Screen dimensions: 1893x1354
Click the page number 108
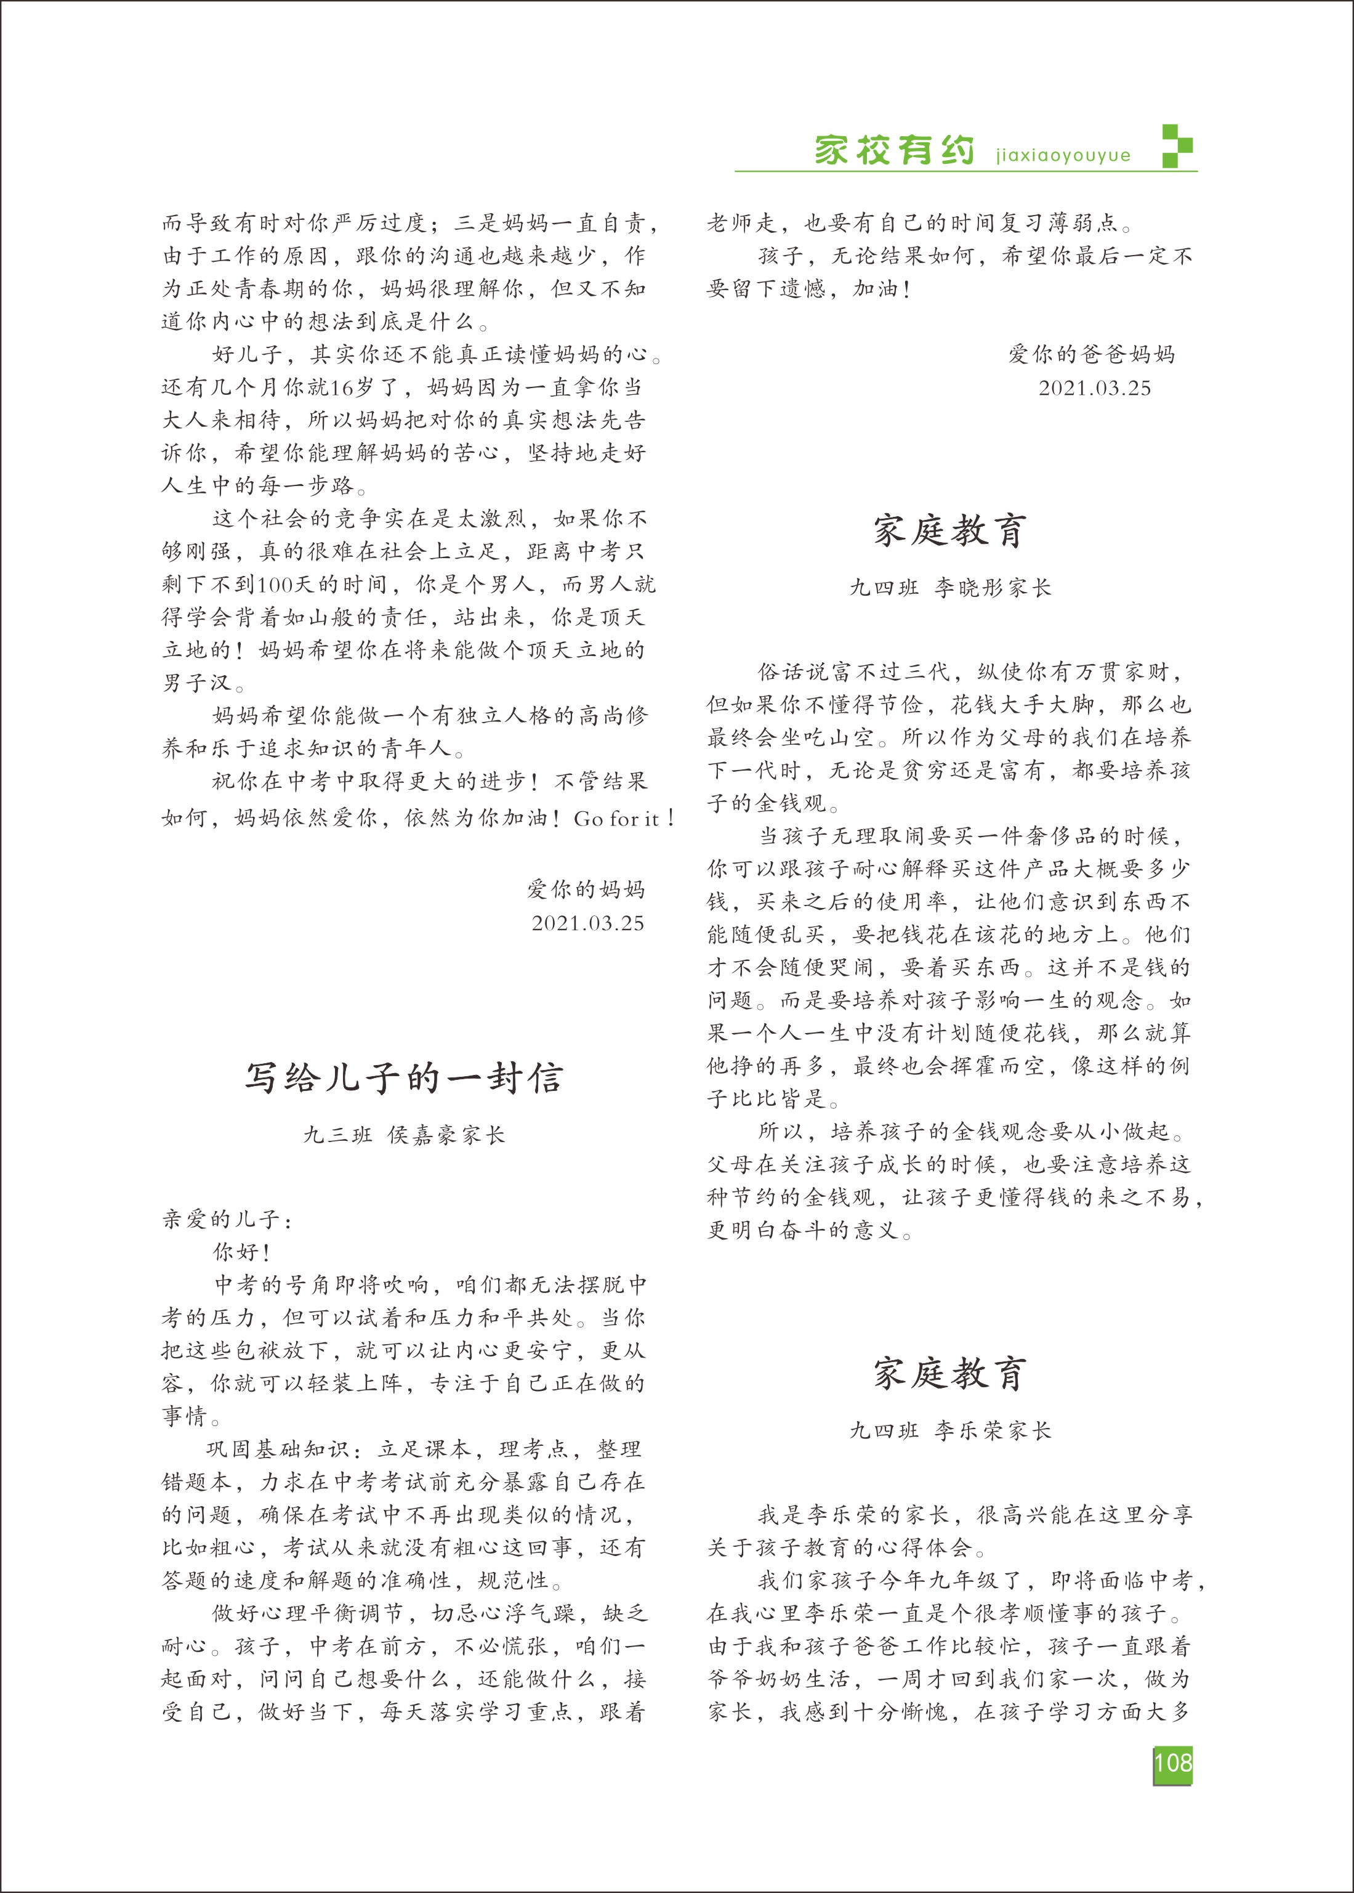(x=1172, y=1763)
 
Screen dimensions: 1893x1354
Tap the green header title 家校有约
(x=895, y=150)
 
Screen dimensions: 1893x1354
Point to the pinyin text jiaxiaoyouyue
(x=1063, y=156)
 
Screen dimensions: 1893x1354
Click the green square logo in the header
(x=1177, y=147)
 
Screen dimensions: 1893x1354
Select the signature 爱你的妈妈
(x=586, y=889)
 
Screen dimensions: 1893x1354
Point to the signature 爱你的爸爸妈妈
(x=1091, y=354)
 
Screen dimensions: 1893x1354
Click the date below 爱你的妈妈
(x=588, y=923)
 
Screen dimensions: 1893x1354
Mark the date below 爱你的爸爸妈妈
(x=1094, y=387)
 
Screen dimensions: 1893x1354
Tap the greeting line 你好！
(x=242, y=1252)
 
